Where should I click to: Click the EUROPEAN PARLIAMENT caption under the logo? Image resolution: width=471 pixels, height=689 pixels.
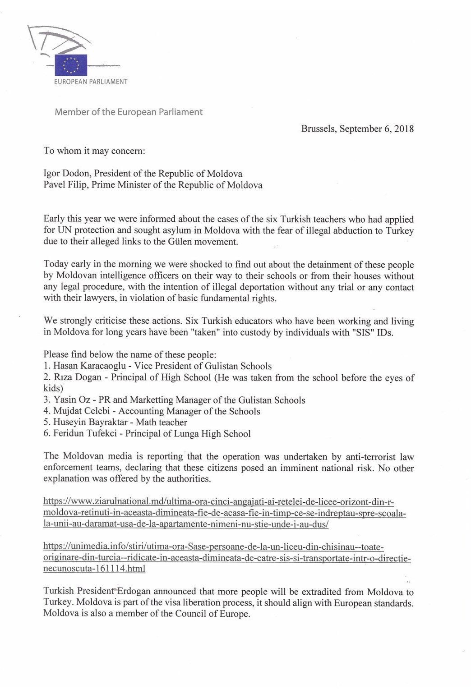91,82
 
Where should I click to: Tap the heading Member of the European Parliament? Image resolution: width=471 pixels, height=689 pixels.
129,112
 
